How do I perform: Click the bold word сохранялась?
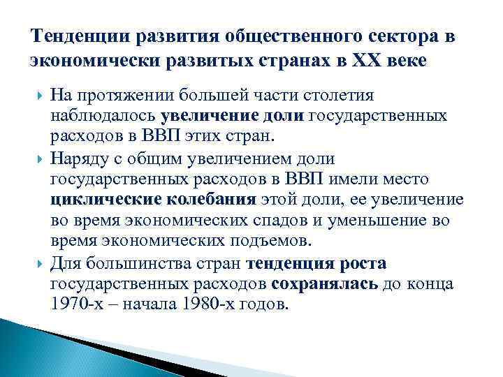point(325,283)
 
